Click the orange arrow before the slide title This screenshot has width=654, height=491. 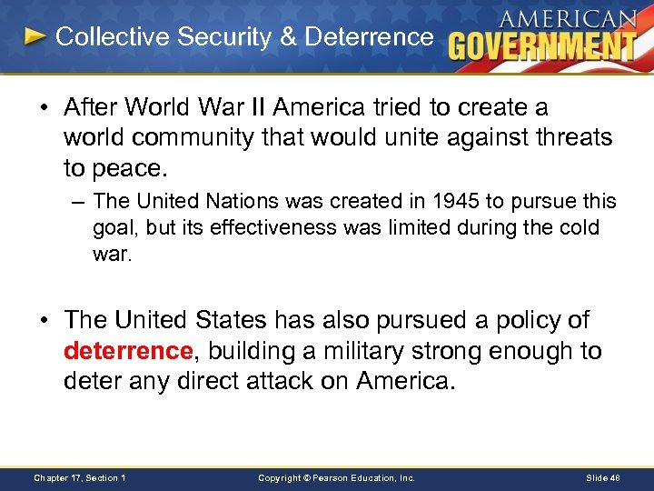point(35,37)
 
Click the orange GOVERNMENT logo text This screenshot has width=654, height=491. point(543,46)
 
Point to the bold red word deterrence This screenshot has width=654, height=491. point(129,351)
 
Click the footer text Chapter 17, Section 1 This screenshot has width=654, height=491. point(79,477)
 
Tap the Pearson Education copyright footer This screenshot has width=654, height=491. point(336,477)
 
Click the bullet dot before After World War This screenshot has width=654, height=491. point(44,108)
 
